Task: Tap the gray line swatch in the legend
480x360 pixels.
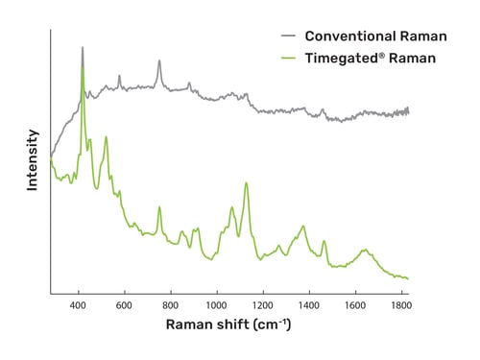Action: [286, 36]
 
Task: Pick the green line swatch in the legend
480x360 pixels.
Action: [286, 58]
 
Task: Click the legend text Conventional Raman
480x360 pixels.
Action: [375, 36]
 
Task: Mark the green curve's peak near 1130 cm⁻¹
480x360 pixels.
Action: [247, 183]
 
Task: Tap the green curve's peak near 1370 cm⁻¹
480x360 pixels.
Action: [303, 227]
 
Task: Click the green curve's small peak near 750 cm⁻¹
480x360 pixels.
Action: [159, 206]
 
